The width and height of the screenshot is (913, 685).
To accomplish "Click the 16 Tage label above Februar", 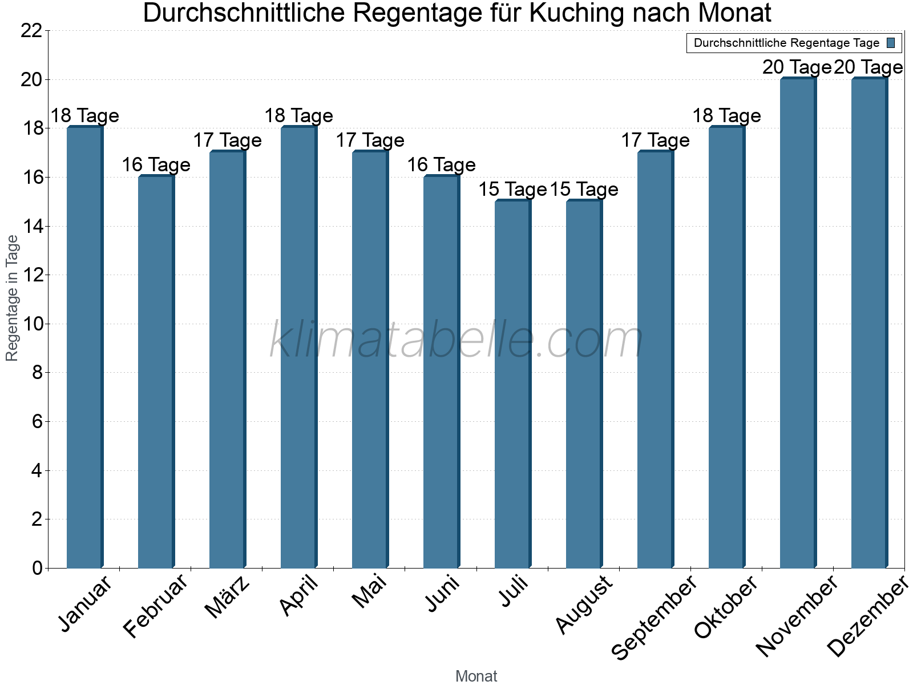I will click(156, 165).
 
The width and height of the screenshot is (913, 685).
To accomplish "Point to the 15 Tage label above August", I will click(584, 190).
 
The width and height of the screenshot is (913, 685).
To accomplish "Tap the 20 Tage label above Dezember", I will click(868, 67).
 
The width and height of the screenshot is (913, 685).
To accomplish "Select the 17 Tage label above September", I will click(655, 140).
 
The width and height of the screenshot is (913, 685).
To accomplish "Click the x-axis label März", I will click(227, 597).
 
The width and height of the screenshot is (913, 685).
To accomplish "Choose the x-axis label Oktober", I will click(726, 607).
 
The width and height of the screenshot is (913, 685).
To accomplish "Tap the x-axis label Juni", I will click(442, 594).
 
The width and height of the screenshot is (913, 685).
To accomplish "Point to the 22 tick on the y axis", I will click(31, 31).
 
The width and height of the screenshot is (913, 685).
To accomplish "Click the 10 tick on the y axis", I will click(31, 324).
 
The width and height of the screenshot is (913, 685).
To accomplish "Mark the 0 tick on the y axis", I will click(38, 568).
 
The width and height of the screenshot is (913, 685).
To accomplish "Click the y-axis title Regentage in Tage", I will click(13, 298).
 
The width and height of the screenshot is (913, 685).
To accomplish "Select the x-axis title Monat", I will click(476, 676).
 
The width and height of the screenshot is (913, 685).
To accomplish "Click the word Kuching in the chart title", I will click(576, 13).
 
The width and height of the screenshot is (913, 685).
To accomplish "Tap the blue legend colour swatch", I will click(891, 43).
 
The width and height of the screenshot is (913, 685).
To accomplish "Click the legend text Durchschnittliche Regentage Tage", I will click(786, 43).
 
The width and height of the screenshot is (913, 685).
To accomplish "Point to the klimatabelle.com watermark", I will click(457, 340).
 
